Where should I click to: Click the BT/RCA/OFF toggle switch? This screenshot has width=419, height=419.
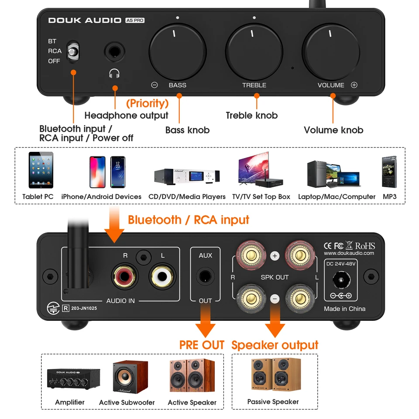[x=73, y=51]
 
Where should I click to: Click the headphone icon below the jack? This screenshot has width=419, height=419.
[x=114, y=73]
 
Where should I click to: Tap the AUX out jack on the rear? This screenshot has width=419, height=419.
[x=205, y=277]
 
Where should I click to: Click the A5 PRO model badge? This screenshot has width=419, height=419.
[x=135, y=20]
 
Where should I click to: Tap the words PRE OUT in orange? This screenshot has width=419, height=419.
[x=202, y=345]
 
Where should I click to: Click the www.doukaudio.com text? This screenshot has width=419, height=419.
[x=349, y=253]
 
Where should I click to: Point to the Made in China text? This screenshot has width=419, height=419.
[x=344, y=309]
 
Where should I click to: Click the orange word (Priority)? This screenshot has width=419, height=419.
[x=147, y=103]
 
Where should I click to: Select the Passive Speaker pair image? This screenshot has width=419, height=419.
[x=273, y=375]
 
